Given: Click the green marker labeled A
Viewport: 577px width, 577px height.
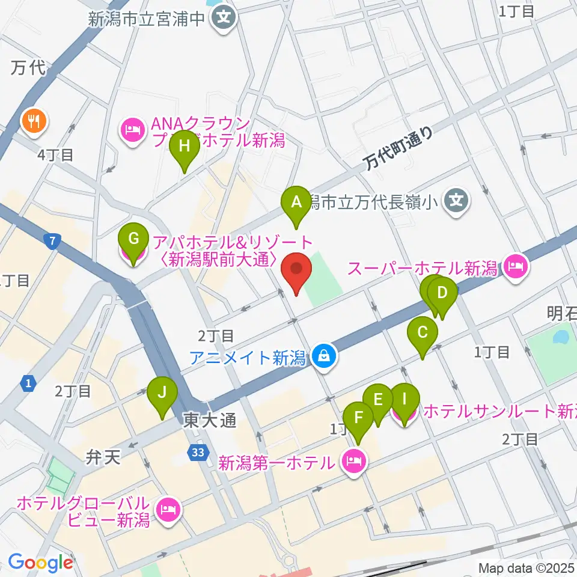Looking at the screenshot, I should pos(296,203).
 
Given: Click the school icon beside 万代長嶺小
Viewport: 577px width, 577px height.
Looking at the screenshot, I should pos(458,198).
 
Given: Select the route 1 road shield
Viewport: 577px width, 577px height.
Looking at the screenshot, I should pos(27,383).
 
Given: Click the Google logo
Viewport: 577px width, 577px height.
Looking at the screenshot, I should pos(40,563).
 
